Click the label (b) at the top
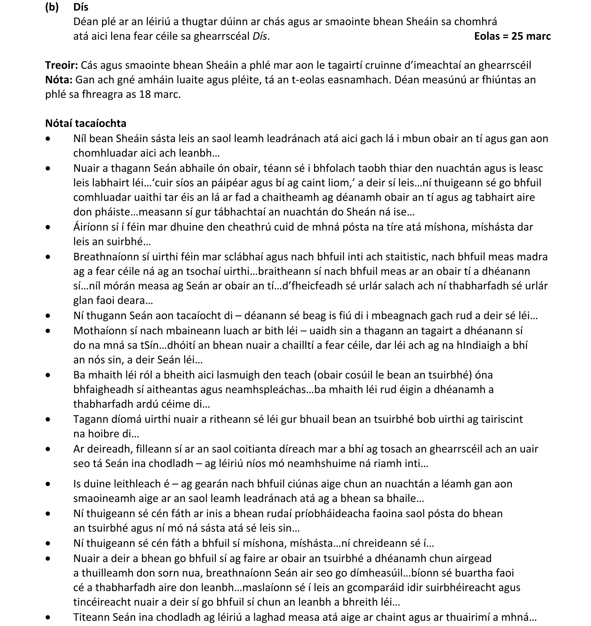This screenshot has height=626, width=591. [x=52, y=7]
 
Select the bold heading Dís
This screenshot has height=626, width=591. [x=81, y=7]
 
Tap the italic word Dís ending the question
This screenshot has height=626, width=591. [x=260, y=36]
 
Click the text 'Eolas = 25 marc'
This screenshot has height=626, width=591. [x=512, y=36]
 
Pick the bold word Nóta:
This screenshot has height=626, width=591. [x=59, y=80]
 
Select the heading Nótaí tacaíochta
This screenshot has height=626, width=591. [x=86, y=123]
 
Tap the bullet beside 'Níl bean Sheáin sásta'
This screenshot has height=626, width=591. [x=48, y=139]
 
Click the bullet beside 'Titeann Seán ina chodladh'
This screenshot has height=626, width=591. [x=48, y=617]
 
